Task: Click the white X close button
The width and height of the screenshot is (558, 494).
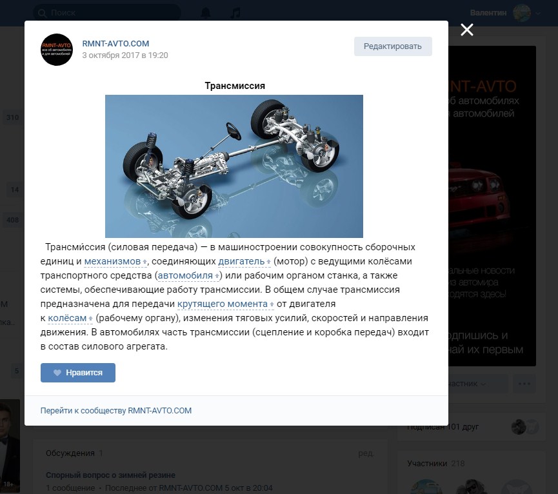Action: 467,30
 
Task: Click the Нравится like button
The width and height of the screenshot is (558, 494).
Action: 78,373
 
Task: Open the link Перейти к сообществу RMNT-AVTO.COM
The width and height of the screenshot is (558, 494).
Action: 116,410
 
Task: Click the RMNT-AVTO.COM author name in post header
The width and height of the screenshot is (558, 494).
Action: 115,44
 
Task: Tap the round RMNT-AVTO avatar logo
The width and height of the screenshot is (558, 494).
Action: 57,50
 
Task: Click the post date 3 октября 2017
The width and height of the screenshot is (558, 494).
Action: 125,55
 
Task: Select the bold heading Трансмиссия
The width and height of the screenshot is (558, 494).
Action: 234,86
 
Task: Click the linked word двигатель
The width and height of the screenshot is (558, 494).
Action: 241,261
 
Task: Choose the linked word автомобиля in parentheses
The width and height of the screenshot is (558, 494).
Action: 185,275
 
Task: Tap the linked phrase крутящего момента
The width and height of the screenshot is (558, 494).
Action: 222,304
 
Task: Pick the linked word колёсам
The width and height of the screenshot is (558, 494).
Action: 68,318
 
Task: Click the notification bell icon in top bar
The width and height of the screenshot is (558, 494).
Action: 206,13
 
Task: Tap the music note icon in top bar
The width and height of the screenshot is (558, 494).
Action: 236,13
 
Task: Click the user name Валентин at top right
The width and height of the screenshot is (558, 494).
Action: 488,13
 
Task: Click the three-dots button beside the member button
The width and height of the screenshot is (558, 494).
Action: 524,384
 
